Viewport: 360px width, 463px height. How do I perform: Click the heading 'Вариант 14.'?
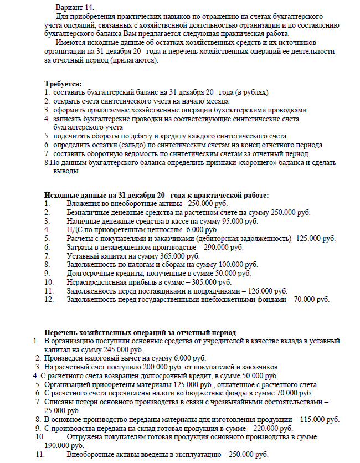tap(75, 7)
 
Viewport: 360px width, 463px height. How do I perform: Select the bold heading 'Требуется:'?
tap(63, 83)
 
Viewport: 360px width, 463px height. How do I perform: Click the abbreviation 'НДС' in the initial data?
tap(75, 229)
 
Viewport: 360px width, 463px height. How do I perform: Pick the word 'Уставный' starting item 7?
tap(83, 256)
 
